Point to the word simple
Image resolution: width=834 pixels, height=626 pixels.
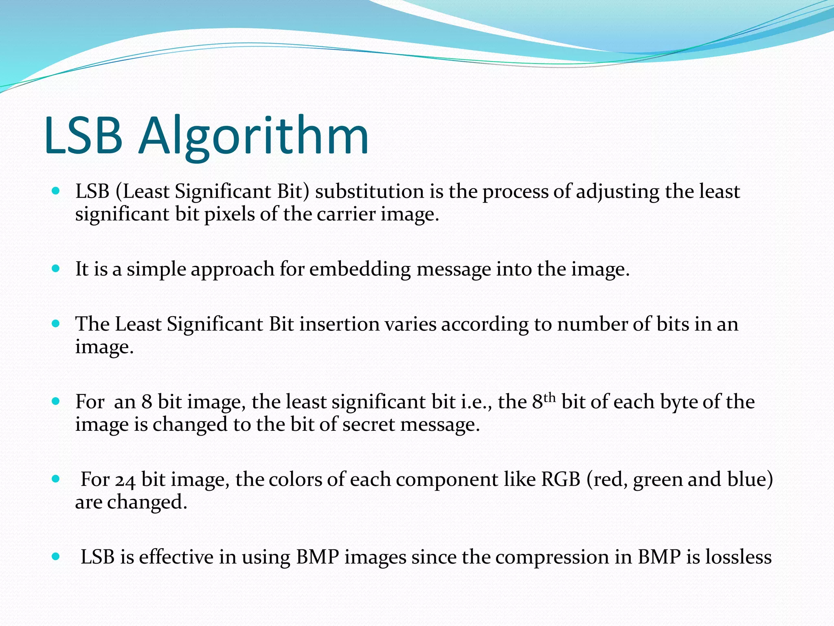coord(156,269)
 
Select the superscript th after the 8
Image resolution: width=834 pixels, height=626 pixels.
coord(550,397)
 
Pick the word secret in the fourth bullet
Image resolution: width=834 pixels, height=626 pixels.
coord(368,425)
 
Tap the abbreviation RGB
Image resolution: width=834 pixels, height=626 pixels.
coord(560,479)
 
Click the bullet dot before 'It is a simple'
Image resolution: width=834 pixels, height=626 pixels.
coord(56,269)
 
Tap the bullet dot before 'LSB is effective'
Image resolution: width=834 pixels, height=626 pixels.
coord(56,556)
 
